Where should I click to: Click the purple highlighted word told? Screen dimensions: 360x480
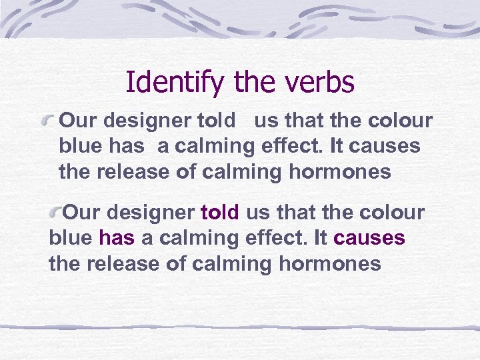220,213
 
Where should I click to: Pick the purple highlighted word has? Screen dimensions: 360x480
116,238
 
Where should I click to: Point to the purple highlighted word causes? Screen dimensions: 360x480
369,238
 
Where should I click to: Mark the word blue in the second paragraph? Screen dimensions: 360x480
71,238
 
